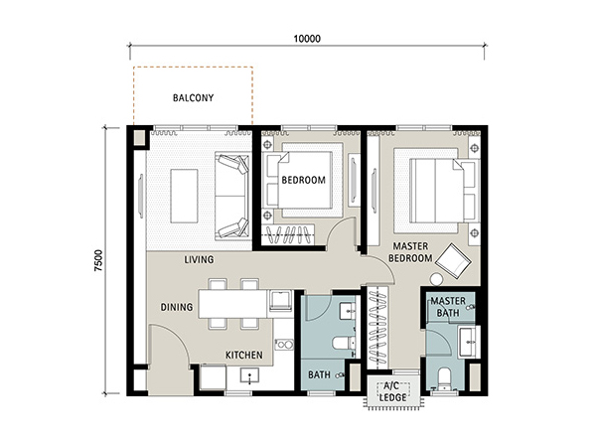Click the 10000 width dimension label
click(x=307, y=39)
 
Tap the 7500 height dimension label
click(x=98, y=260)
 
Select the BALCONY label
click(x=193, y=98)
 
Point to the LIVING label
click(x=199, y=259)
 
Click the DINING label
click(x=177, y=307)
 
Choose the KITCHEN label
click(x=244, y=356)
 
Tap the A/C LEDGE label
click(x=392, y=391)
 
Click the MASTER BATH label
click(x=448, y=307)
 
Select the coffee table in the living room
click(x=184, y=196)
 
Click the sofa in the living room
click(x=232, y=196)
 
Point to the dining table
click(x=232, y=304)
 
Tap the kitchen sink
click(x=249, y=375)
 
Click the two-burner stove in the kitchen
click(x=284, y=345)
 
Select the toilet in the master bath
click(x=444, y=377)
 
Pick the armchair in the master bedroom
click(x=454, y=261)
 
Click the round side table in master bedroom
click(x=436, y=279)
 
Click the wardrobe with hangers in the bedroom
click(x=288, y=235)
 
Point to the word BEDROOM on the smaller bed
click(x=303, y=180)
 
